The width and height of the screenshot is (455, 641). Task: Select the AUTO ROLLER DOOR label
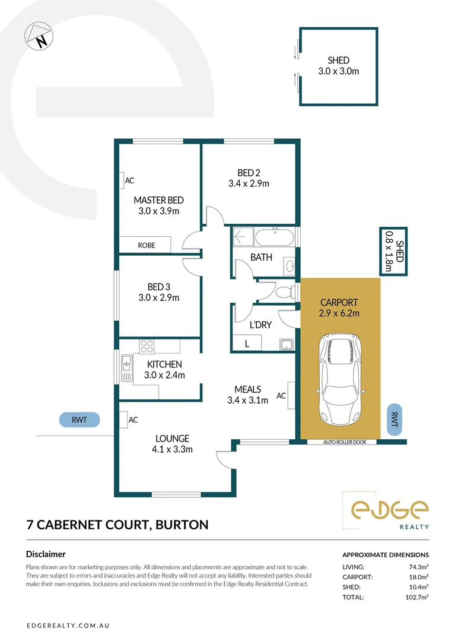pyautogui.click(x=342, y=442)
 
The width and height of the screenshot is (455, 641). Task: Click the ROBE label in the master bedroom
pyautogui.click(x=146, y=245)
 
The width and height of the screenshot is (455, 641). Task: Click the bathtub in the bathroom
pyautogui.click(x=275, y=237)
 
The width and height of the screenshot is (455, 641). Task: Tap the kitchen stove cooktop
pyautogui.click(x=148, y=346)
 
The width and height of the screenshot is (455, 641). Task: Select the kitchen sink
pyautogui.click(x=126, y=368)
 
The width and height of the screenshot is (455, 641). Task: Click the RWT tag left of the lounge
pyautogui.click(x=79, y=420)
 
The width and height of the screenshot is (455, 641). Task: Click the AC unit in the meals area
pyautogui.click(x=291, y=395)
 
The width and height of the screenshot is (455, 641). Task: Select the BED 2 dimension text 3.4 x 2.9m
pyautogui.click(x=249, y=183)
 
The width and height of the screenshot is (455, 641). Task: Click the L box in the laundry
pyautogui.click(x=247, y=344)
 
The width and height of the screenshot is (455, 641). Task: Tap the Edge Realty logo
pyautogui.click(x=389, y=511)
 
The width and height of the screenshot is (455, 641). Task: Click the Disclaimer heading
pyautogui.click(x=46, y=554)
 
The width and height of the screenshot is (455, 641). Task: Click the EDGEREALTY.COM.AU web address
pyautogui.click(x=71, y=626)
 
